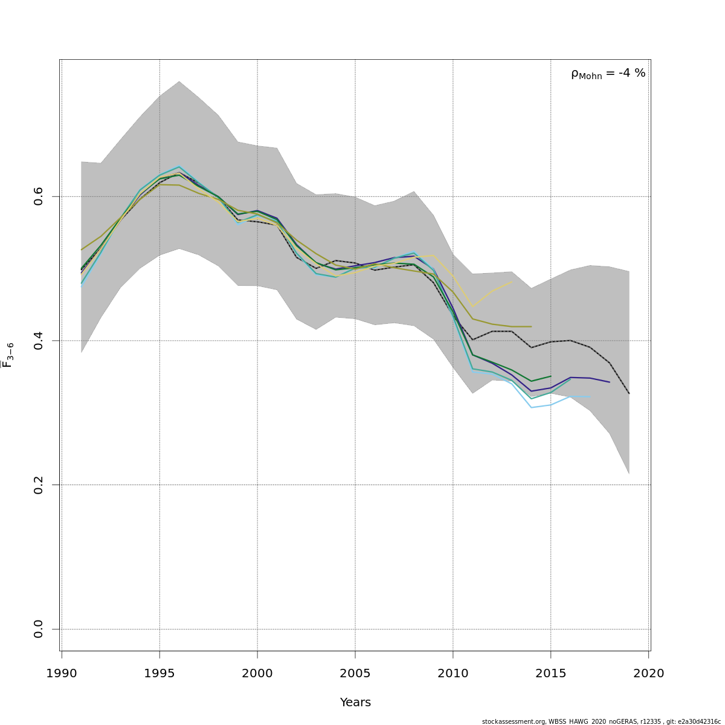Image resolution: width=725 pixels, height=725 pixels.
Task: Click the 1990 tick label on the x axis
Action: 62,673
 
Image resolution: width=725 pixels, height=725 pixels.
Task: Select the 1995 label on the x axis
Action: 159,673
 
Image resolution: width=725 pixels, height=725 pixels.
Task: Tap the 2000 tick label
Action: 257,673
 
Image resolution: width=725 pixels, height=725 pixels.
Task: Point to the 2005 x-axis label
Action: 355,673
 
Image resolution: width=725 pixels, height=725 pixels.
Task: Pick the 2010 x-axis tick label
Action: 453,673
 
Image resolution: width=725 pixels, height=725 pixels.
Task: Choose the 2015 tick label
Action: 551,673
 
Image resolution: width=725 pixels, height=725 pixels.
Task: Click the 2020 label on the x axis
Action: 648,673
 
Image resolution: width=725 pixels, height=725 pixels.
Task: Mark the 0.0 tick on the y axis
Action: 39,629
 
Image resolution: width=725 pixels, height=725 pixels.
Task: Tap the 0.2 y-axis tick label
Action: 39,485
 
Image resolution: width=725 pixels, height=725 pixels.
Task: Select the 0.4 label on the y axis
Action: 39,341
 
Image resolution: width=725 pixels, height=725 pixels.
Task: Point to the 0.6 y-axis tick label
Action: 39,196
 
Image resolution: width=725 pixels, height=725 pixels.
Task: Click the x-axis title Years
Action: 355,703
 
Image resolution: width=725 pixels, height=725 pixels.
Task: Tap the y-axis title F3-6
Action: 8,355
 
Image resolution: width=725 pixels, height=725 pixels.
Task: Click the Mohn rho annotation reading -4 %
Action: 608,74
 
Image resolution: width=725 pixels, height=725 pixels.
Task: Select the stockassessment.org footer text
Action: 601,721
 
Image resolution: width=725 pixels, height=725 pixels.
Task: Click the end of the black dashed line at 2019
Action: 629,393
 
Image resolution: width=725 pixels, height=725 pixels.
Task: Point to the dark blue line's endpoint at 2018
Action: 610,382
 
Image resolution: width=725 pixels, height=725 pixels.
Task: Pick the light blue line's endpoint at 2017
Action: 590,397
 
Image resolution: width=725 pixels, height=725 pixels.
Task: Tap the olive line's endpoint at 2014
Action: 531,326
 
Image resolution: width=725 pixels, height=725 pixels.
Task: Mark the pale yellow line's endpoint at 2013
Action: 512,282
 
